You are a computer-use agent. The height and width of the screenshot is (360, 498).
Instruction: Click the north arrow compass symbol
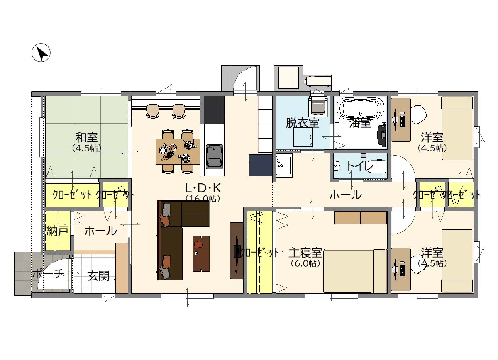41,53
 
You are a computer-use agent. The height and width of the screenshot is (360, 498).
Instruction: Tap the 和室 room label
86,137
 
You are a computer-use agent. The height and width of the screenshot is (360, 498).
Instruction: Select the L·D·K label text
203,188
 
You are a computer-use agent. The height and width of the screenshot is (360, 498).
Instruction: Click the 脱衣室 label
302,123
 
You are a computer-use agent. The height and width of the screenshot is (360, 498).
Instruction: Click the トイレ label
360,166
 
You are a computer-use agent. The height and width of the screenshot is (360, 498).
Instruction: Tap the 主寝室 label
305,253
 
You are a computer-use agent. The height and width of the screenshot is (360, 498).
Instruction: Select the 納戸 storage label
57,231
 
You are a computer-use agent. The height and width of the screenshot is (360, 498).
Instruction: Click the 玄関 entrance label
98,275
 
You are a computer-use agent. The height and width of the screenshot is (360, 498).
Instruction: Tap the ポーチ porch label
47,274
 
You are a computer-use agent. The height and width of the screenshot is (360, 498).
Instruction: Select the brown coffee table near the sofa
201,253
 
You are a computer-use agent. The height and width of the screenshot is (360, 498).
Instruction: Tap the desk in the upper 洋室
401,120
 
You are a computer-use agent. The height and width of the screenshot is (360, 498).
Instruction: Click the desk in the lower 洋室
401,269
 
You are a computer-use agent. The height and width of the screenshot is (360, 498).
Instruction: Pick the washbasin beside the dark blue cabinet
284,165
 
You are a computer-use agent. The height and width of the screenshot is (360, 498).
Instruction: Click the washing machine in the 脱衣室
318,107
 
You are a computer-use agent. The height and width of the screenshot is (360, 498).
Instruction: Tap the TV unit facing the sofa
237,251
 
